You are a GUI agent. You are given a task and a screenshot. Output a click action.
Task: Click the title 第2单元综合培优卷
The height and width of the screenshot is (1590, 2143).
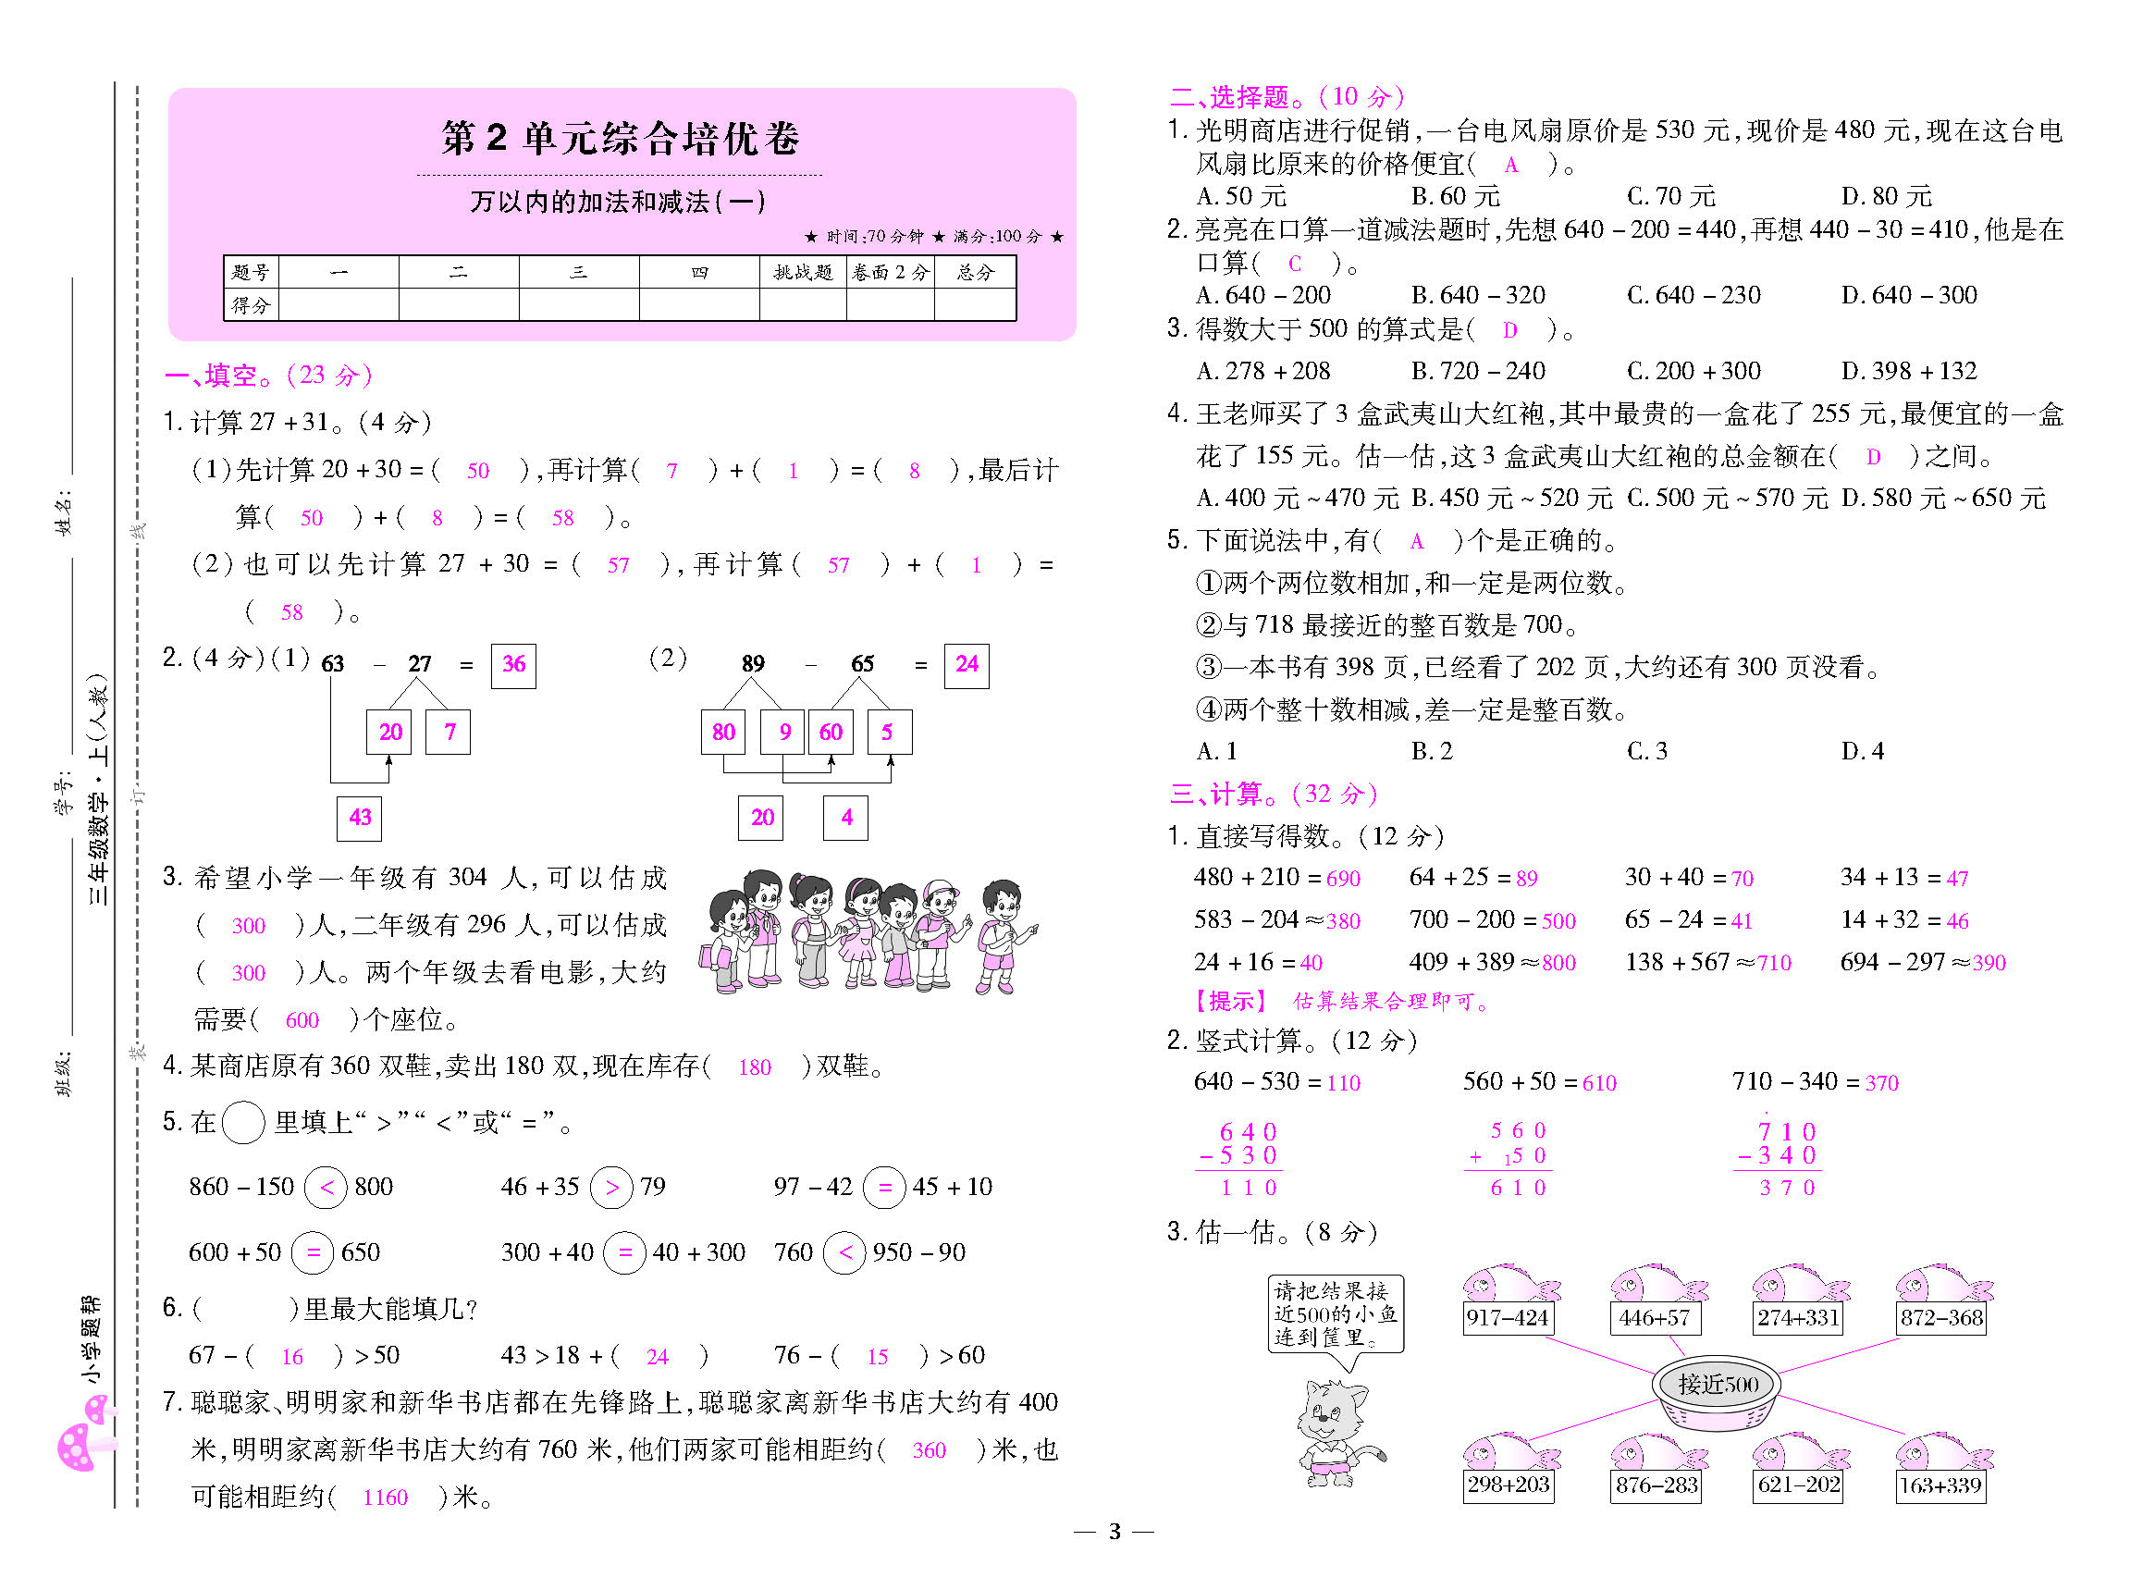(621, 139)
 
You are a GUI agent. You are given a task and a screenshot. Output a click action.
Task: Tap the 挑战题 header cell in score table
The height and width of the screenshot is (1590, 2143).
(802, 272)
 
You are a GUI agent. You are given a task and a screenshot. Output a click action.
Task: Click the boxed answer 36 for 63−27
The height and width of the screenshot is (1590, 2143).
(513, 665)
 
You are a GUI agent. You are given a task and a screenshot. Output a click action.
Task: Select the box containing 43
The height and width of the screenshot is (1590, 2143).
(359, 818)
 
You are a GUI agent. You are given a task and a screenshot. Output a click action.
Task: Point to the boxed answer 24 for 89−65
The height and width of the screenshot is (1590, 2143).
(967, 665)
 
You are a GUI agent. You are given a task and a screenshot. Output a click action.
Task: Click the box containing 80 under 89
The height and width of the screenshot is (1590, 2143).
(722, 733)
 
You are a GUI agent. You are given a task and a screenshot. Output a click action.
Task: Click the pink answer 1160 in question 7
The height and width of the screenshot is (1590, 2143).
(385, 1498)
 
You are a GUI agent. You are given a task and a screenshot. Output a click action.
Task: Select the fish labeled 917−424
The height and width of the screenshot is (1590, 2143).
(1508, 1299)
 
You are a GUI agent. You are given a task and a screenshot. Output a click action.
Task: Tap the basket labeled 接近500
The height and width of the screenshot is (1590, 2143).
(1717, 1392)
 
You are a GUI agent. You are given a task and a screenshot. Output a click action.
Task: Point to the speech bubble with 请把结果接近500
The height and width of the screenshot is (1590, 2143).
(1335, 1313)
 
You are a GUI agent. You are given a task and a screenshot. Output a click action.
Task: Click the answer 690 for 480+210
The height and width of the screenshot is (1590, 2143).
(1342, 879)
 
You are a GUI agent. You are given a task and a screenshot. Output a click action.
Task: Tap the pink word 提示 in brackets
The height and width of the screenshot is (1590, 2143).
(1232, 1001)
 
